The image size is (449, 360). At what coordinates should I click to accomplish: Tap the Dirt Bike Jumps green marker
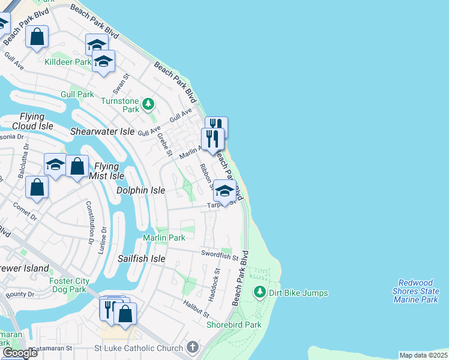pyautogui.click(x=260, y=292)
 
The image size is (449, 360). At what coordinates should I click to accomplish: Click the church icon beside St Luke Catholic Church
pyautogui.click(x=192, y=347)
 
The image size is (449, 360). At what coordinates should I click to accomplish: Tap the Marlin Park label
pyautogui.click(x=164, y=238)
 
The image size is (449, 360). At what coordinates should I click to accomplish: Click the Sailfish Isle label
pyautogui.click(x=141, y=259)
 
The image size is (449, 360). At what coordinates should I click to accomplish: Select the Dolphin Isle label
pyautogui.click(x=140, y=190)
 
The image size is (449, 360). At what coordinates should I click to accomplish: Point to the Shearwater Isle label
pyautogui.click(x=103, y=131)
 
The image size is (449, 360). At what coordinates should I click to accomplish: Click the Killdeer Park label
pyautogui.click(x=68, y=62)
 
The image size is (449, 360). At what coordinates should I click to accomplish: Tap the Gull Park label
pyautogui.click(x=77, y=94)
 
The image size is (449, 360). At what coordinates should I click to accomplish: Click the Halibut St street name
pyautogui.click(x=196, y=310)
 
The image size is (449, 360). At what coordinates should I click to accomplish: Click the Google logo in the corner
pyautogui.click(x=19, y=353)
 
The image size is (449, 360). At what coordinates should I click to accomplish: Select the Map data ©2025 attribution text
pyautogui.click(x=423, y=355)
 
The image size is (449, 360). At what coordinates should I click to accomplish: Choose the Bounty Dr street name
pyautogui.click(x=20, y=294)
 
